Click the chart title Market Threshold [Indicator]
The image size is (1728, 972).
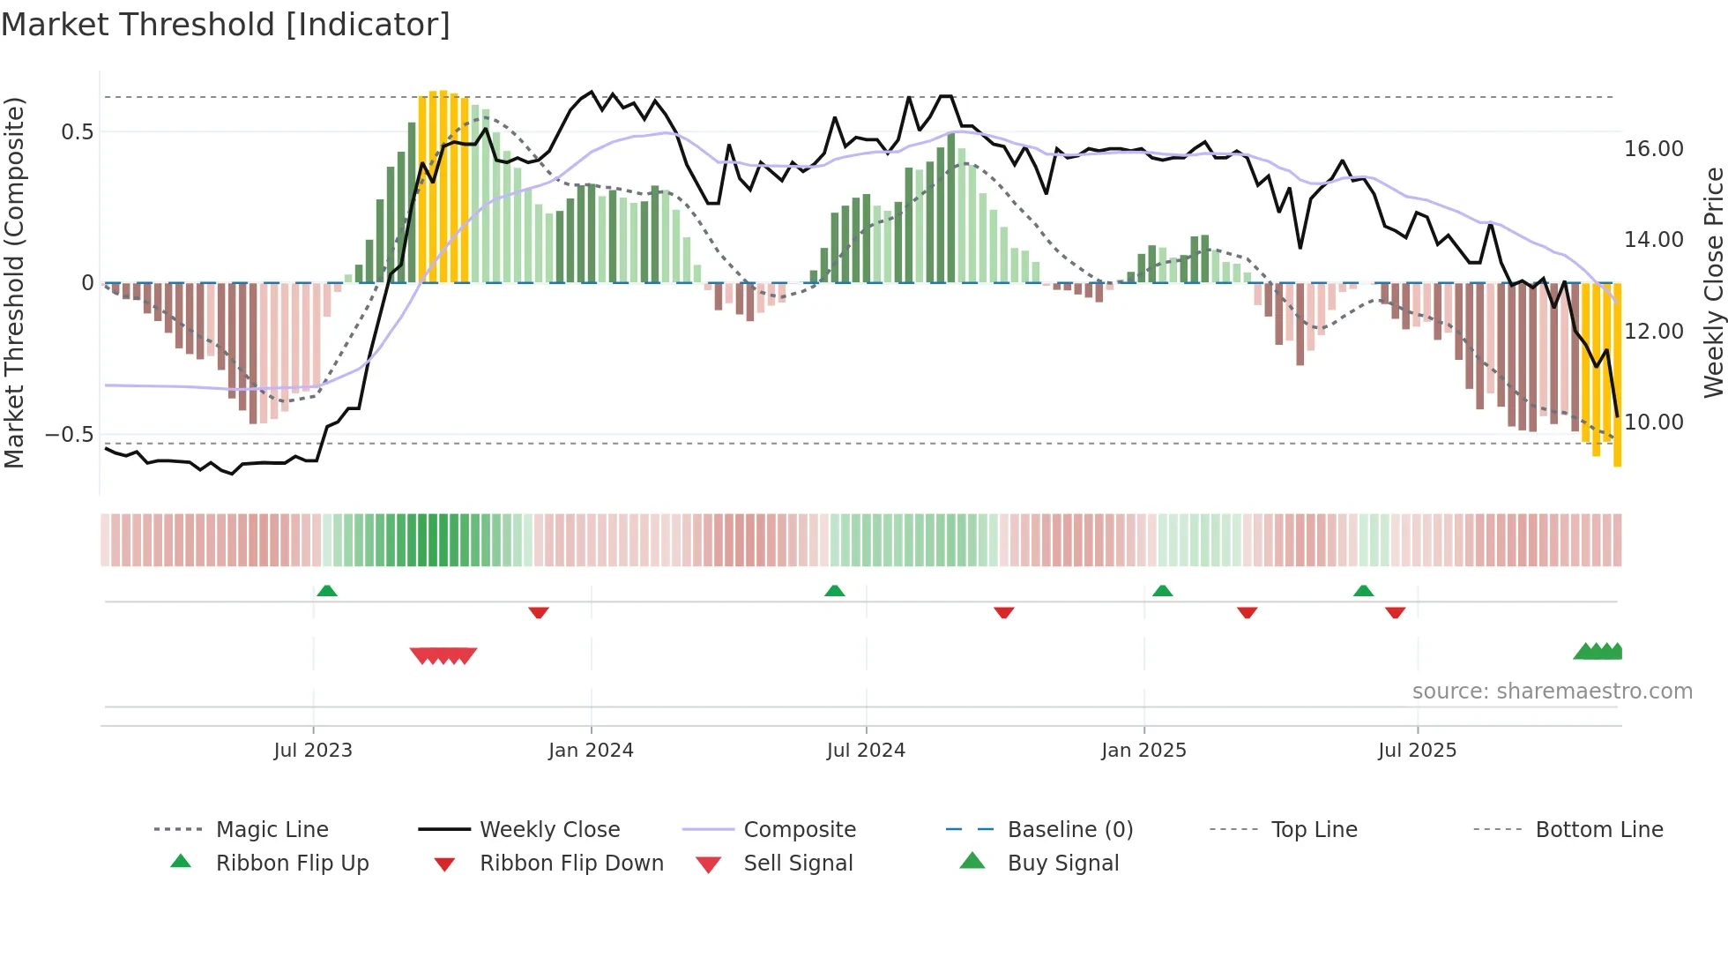pos(226,25)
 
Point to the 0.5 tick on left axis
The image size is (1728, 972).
pos(77,132)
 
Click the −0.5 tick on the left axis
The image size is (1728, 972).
pos(70,435)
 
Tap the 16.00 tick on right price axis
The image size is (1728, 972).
pos(1653,149)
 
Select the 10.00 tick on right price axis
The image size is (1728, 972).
pos(1653,422)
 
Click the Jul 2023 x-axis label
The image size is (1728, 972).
pos(313,751)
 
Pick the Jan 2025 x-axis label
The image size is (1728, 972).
pos(1143,751)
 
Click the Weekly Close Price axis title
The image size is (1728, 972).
pos(1713,282)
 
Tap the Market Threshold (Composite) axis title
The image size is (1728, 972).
pos(14,282)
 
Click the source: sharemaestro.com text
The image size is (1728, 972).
pos(1552,692)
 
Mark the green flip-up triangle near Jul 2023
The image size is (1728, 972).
pos(327,590)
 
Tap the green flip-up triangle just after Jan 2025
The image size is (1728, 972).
pos(1162,590)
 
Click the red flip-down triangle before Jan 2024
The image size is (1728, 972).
pos(539,612)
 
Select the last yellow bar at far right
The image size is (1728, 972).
pos(1617,375)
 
